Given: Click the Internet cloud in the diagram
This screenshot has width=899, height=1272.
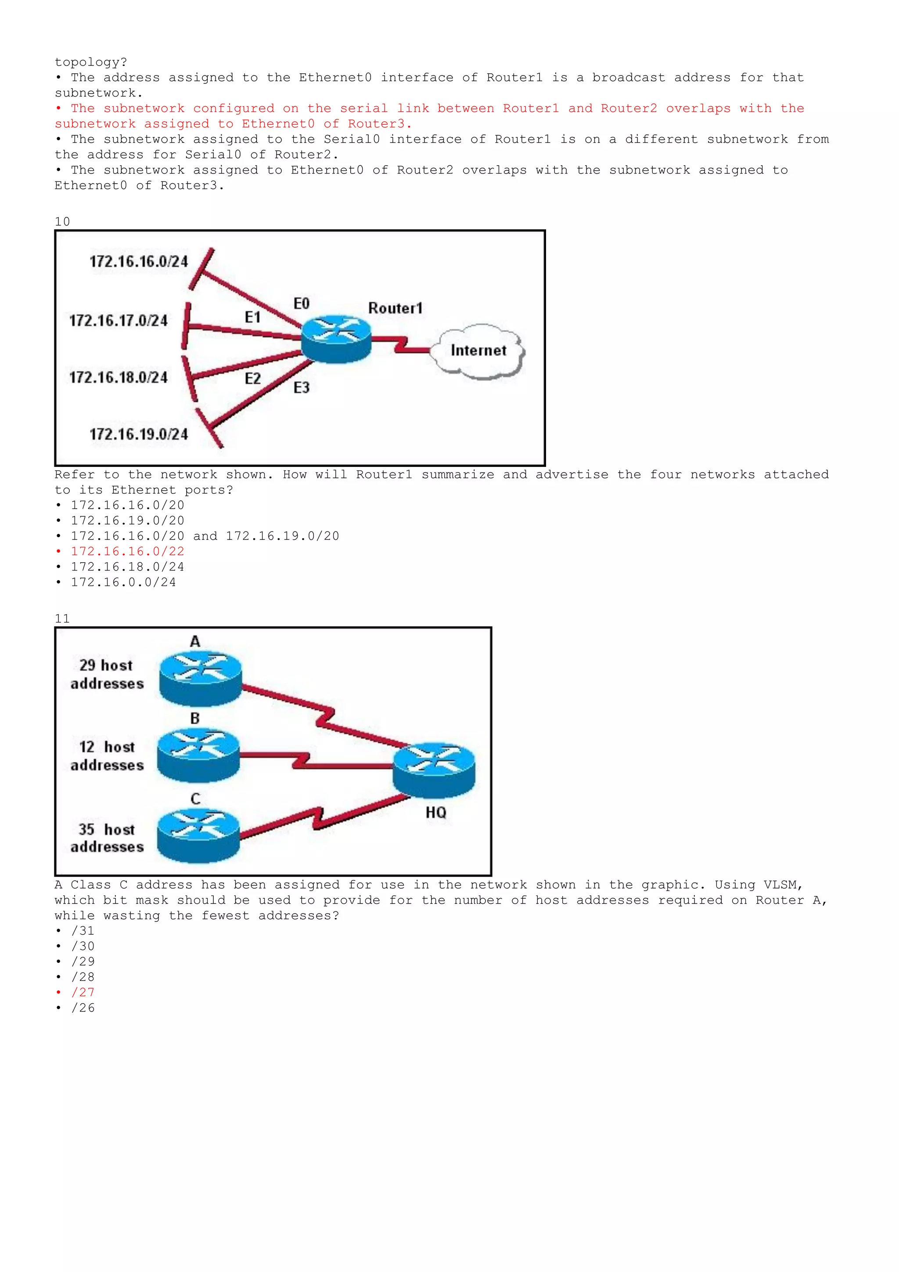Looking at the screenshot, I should click(478, 351).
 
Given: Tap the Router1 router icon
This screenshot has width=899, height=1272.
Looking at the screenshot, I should click(336, 339).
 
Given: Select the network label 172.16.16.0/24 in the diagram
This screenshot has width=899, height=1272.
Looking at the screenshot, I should click(139, 261).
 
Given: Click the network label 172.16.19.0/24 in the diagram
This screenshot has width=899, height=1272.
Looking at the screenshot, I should click(139, 434).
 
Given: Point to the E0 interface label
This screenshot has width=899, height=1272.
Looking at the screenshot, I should click(301, 304).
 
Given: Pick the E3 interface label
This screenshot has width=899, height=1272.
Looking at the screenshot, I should click(301, 388).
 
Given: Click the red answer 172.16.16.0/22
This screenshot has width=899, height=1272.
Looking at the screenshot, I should click(127, 551).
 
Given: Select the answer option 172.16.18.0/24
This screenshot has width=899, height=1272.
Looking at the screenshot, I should click(127, 567).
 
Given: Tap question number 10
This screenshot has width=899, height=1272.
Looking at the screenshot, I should click(62, 222).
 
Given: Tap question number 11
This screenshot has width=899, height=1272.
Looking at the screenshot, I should click(62, 619).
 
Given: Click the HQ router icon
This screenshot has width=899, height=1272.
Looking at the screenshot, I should click(434, 770).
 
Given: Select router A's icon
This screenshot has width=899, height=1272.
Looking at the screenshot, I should click(201, 679).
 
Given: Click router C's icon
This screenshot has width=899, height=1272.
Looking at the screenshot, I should click(198, 835).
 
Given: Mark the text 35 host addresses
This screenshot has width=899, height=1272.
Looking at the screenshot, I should click(107, 838).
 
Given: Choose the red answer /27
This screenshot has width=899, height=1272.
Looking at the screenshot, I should click(83, 992).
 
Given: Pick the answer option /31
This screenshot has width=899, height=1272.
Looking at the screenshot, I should click(83, 931).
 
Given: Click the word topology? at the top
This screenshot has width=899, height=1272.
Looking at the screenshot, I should click(91, 62).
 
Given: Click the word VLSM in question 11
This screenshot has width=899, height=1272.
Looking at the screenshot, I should click(782, 885).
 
